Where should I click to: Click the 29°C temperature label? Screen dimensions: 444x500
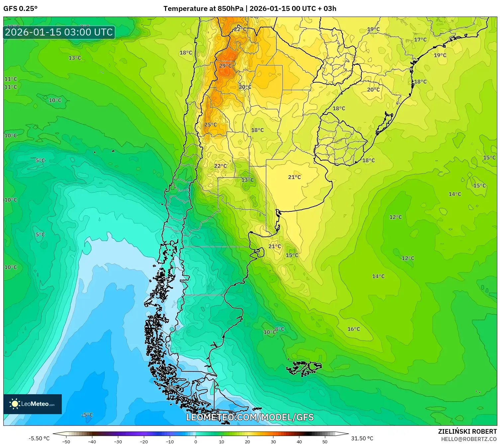point(226,66)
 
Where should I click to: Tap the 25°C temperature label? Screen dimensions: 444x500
point(210,125)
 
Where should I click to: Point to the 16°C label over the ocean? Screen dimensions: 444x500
point(353,329)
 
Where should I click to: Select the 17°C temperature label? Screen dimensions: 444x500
point(420,39)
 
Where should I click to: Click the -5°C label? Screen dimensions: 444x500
point(87,415)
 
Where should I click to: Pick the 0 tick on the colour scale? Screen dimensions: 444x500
point(195,441)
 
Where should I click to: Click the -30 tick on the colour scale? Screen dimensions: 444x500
point(118,441)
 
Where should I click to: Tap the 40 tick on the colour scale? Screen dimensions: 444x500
point(299,441)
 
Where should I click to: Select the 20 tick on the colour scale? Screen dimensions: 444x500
point(247,441)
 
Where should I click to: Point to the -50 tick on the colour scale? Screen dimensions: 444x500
point(66,441)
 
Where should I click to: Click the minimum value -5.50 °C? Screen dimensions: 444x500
point(39,438)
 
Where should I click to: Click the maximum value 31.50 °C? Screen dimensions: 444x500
point(362,438)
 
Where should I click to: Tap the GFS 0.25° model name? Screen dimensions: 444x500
point(20,9)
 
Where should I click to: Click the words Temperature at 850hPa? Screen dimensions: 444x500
point(203,9)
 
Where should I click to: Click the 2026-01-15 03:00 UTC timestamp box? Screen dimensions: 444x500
point(59,32)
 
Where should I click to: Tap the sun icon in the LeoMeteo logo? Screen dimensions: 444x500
point(15,404)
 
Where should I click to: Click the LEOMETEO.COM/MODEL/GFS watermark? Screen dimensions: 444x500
point(250,417)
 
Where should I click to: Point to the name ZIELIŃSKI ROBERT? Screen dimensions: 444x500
point(467,431)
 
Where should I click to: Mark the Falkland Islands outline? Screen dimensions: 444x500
point(304,368)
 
